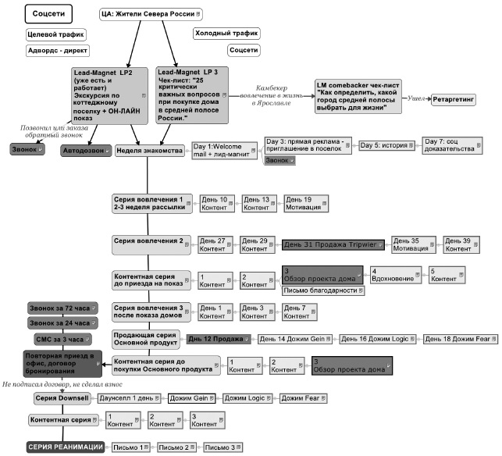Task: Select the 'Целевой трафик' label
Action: [x=56, y=34]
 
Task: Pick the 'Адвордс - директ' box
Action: [x=56, y=50]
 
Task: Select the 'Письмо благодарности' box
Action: [x=323, y=291]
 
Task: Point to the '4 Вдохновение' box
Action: [x=395, y=276]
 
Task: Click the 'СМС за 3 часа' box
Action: [x=62, y=340]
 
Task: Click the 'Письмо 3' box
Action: [x=223, y=448]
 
